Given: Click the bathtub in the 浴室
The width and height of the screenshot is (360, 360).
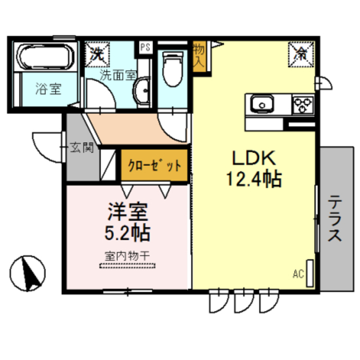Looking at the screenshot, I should click(44, 57).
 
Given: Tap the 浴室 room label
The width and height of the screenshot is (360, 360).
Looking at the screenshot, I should click(48, 88).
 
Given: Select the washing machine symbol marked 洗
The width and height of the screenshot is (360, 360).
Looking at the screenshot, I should click(97, 55).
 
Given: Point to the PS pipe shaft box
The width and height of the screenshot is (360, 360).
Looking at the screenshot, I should click(145, 48).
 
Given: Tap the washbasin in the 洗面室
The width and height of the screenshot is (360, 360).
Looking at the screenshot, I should click(143, 89).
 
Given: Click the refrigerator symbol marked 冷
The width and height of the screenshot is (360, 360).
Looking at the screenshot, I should click(301, 53).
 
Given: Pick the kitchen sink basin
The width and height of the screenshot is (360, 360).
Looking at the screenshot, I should click(262, 104).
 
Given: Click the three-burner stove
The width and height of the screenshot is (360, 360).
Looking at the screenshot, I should click(302, 104).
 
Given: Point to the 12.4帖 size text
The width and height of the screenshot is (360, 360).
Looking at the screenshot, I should click(254, 179).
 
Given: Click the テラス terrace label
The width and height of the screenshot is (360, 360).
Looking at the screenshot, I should click(335, 218).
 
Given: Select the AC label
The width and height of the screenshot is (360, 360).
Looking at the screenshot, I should click(298, 274).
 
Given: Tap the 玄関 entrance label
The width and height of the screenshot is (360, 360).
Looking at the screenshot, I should click(81, 148).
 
